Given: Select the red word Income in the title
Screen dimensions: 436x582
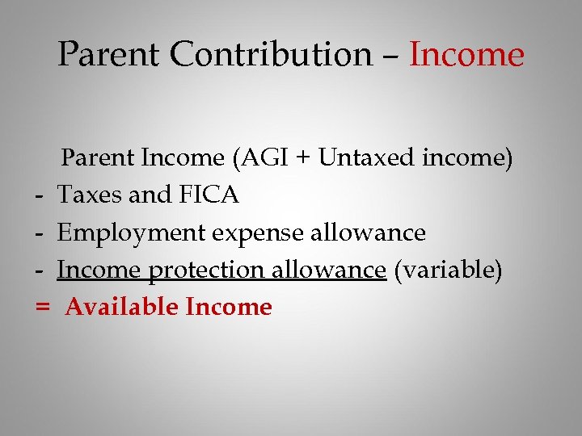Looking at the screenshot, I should pos(467,55).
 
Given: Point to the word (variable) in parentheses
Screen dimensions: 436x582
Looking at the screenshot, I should pos(448,270).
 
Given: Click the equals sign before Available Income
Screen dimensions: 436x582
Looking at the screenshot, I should pos(43,308).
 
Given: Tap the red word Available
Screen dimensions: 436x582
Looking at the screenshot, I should pos(121,308).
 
